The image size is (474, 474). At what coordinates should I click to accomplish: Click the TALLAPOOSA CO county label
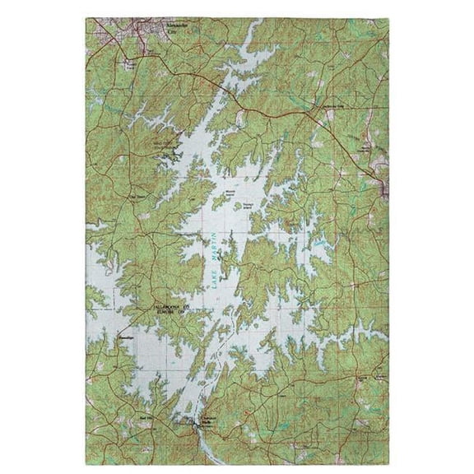pos(173,305)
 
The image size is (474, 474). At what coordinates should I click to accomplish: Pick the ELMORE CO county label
pos(172,313)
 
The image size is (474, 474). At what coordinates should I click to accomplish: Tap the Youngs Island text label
pos(249,206)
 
